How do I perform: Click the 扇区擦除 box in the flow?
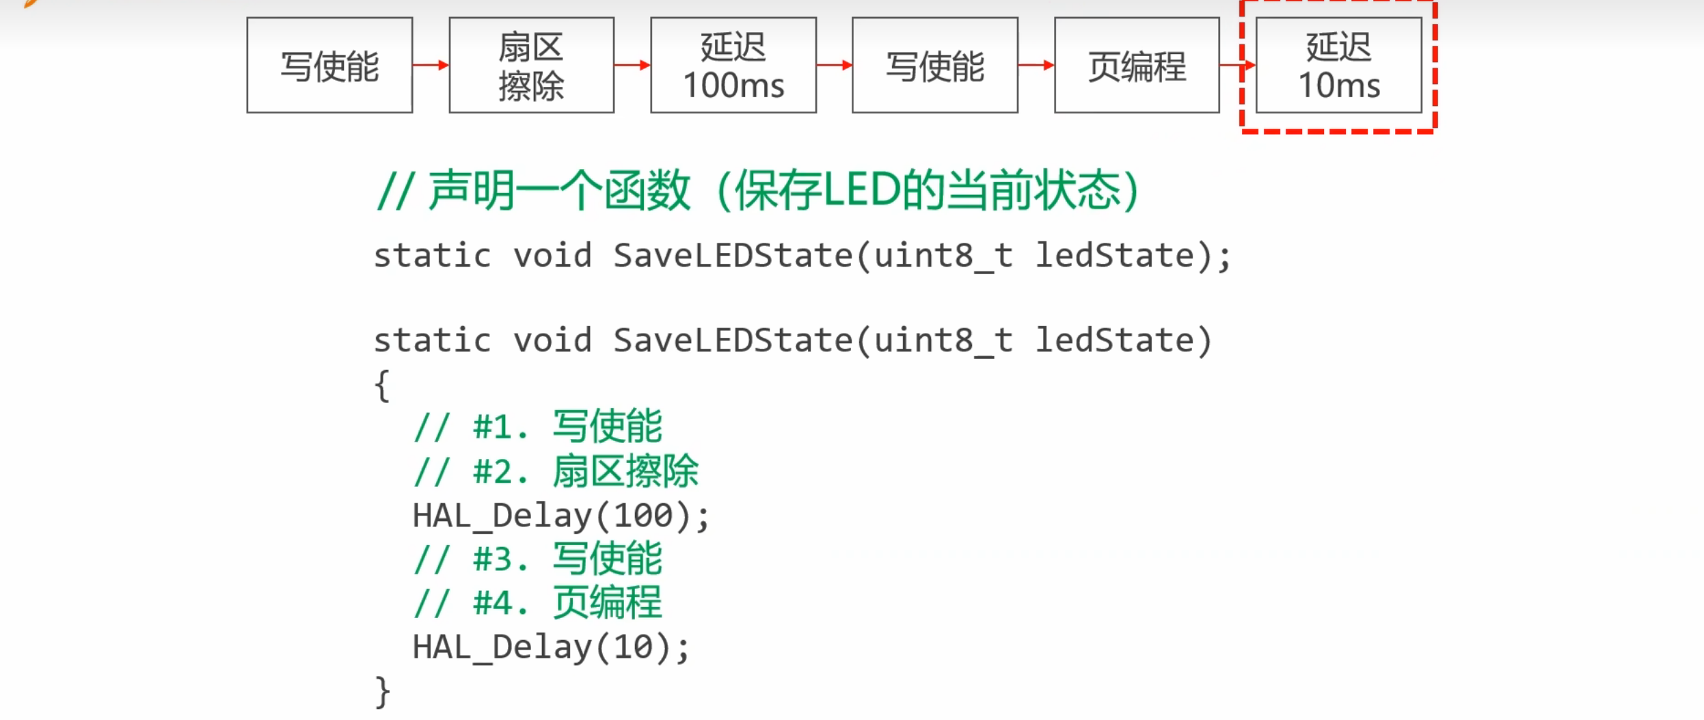coord(531,66)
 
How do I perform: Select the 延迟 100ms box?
coord(733,66)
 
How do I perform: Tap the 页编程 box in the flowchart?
coord(1137,66)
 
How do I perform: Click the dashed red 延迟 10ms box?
coord(1338,66)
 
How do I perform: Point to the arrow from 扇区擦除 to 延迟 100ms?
coord(632,65)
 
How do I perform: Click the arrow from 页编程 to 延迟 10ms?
coord(1237,65)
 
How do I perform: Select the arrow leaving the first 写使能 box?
coord(431,65)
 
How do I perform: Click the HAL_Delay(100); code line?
coord(560,516)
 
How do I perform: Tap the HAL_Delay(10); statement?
coord(551,648)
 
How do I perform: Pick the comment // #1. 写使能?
coord(538,427)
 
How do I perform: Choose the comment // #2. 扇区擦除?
coord(556,472)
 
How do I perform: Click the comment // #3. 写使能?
coord(538,559)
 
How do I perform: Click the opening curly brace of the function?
coord(382,386)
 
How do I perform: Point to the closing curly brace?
coord(382,692)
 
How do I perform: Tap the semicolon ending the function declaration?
coord(1223,258)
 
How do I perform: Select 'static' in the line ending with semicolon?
coord(432,256)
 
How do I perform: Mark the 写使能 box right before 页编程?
coord(934,66)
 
